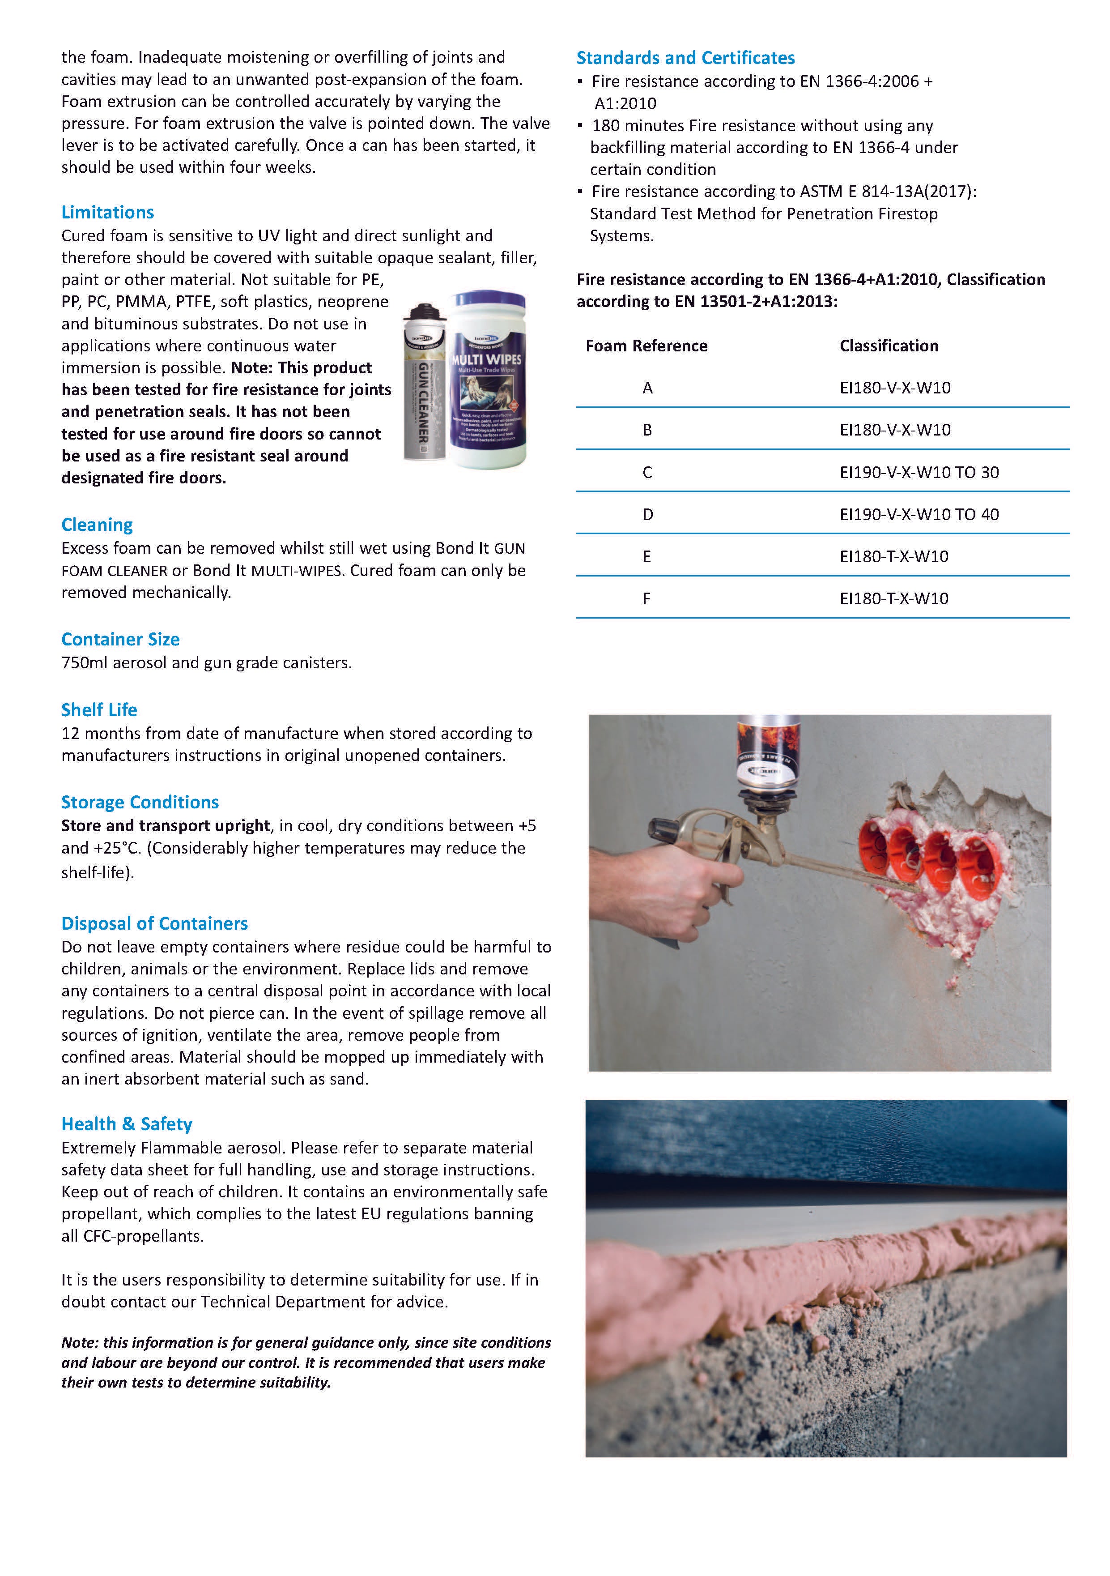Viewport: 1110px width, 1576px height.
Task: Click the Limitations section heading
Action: tap(108, 212)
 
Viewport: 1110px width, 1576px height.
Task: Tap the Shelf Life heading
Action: tap(99, 710)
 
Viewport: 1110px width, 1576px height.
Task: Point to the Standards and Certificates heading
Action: tap(685, 58)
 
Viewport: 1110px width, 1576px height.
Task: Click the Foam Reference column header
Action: tap(646, 346)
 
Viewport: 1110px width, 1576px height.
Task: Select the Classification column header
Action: tap(889, 346)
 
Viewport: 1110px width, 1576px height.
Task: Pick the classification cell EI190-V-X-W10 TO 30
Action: tap(919, 472)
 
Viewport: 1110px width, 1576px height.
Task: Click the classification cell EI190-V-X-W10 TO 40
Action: tap(919, 514)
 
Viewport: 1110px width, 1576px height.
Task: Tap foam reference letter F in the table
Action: tap(646, 598)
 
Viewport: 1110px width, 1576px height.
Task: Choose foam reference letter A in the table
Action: tap(647, 388)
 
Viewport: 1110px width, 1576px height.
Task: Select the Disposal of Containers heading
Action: tap(154, 923)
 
